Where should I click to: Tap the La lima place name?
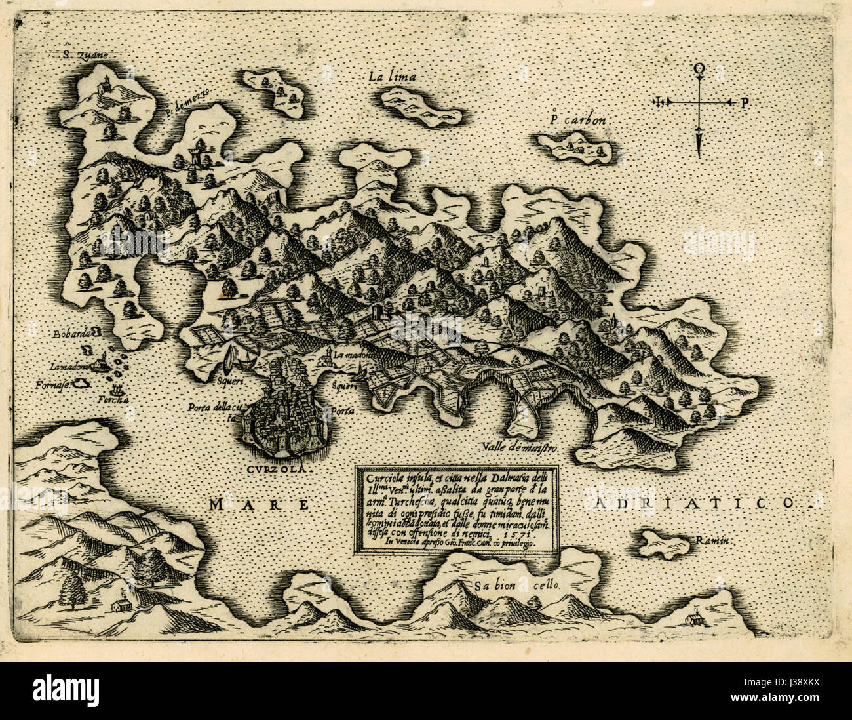[392, 77]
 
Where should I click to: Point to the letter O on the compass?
[699, 68]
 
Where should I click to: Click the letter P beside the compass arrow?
[745, 102]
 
